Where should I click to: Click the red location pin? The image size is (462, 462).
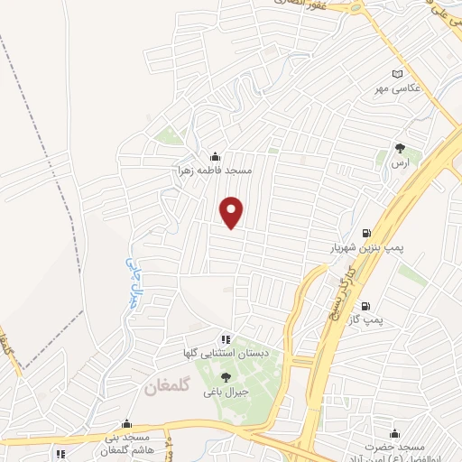click(233, 211)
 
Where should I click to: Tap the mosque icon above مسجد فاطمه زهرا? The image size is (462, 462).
click(215, 155)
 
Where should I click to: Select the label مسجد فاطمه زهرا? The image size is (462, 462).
click(215, 169)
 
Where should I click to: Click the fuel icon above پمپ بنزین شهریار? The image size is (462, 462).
click(365, 232)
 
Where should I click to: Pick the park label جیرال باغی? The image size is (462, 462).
click(226, 393)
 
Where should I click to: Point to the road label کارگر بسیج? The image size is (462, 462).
click(348, 281)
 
